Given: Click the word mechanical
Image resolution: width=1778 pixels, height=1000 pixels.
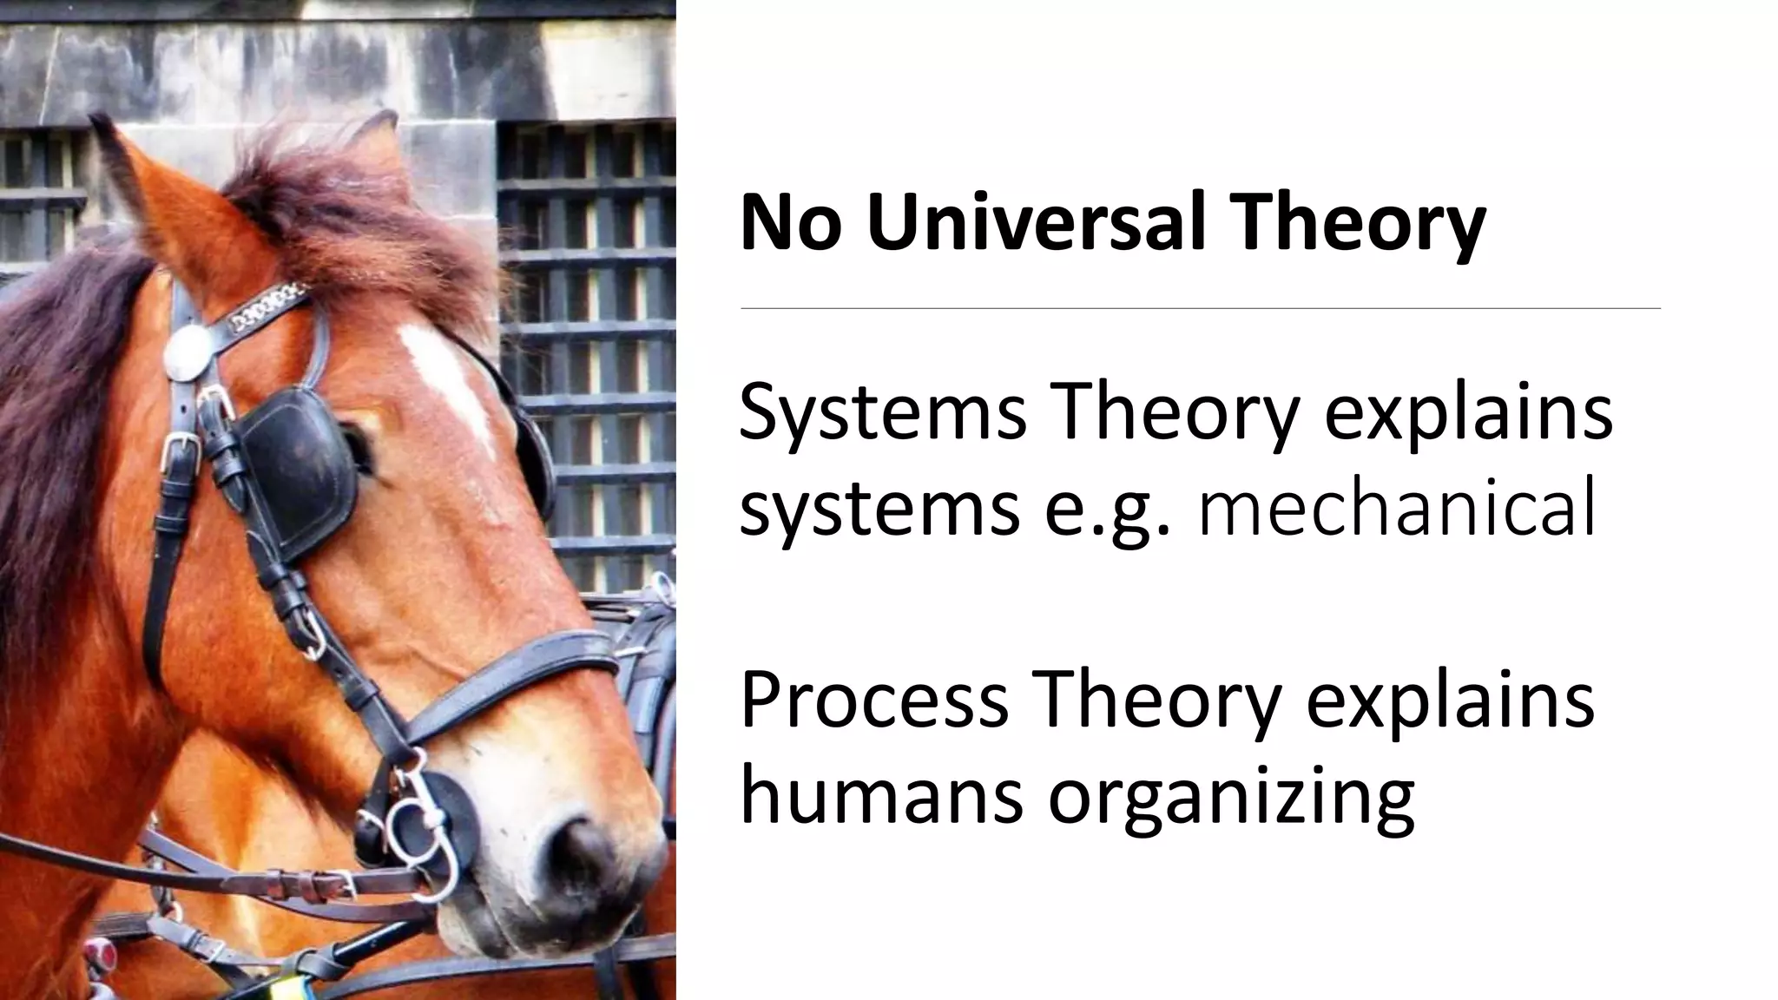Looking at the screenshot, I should click(1396, 509).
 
